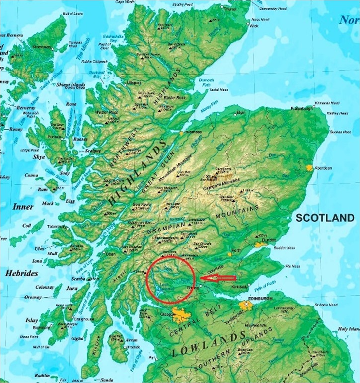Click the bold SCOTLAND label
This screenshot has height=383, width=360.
tap(325, 218)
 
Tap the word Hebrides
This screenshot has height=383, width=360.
tap(22, 274)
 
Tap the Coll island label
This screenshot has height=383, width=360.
tap(26, 225)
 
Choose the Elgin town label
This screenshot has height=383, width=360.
tap(241, 113)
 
